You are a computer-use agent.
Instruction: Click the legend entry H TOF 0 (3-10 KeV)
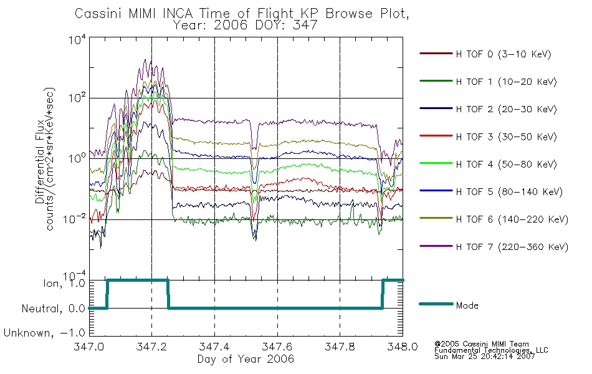(485, 54)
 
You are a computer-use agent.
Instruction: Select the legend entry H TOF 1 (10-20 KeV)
(488, 82)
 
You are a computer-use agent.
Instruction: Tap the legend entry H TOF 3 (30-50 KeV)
(488, 137)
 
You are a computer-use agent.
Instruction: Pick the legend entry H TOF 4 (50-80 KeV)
(488, 164)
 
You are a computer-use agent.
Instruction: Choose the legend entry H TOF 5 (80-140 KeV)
(491, 191)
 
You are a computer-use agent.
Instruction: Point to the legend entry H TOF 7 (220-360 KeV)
(494, 247)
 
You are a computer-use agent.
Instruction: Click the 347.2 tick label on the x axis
(151, 347)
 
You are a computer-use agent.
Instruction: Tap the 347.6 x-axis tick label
(277, 347)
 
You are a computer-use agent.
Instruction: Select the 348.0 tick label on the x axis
(403, 347)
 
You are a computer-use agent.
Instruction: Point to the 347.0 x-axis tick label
(89, 347)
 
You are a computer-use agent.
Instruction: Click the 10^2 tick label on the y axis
(77, 97)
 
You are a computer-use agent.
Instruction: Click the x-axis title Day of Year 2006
(246, 359)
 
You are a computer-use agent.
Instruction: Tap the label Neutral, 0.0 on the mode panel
(53, 309)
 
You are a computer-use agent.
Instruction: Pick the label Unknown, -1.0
(44, 333)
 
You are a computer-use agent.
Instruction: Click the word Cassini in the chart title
(98, 14)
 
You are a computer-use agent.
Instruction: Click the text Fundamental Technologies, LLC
(491, 350)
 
